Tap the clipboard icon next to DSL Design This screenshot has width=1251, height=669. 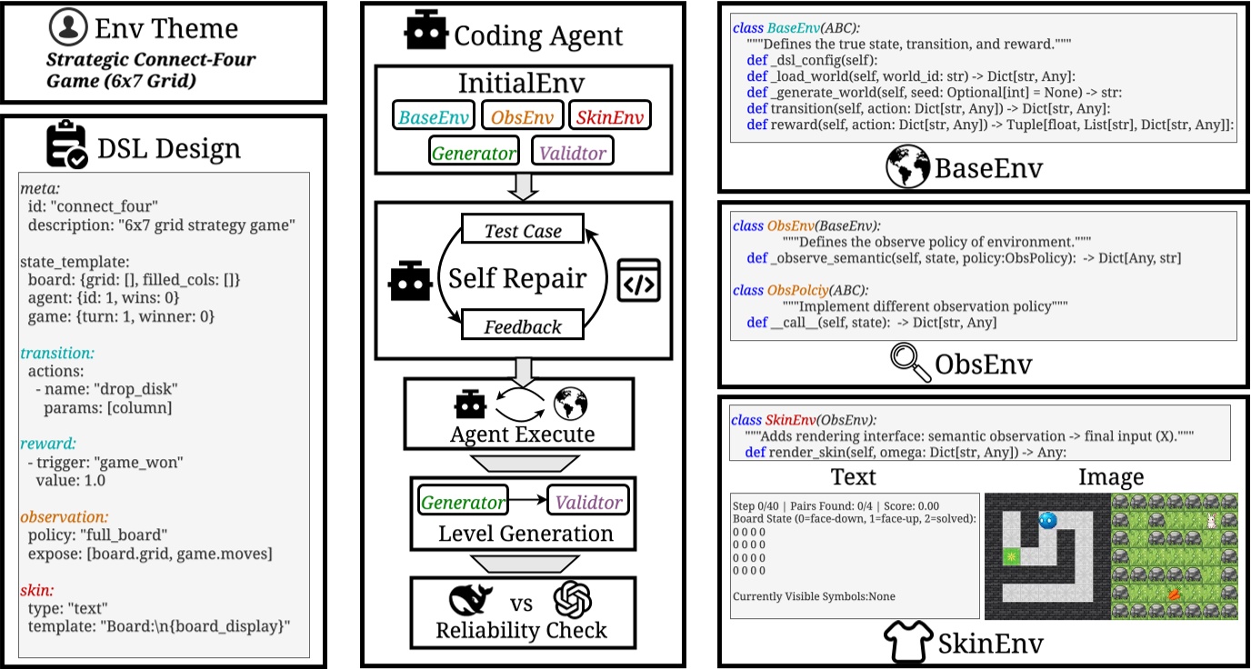coord(67,146)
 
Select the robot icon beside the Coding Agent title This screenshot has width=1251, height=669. coord(425,32)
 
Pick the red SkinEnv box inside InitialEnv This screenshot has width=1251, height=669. coord(609,115)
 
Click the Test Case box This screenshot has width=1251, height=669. coord(523,231)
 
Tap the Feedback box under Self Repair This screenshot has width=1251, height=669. coord(523,326)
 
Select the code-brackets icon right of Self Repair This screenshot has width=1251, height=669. coord(638,280)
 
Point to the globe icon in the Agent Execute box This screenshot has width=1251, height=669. coord(570,403)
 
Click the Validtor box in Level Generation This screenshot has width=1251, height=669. coord(587,502)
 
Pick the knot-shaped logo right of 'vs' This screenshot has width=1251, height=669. coord(573,601)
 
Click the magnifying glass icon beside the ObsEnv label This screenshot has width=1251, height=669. coord(911,364)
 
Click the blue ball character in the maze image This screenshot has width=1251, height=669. coord(1047,521)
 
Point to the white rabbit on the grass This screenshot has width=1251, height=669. coord(1211,520)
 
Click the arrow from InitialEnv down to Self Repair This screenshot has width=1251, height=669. coord(523,186)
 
